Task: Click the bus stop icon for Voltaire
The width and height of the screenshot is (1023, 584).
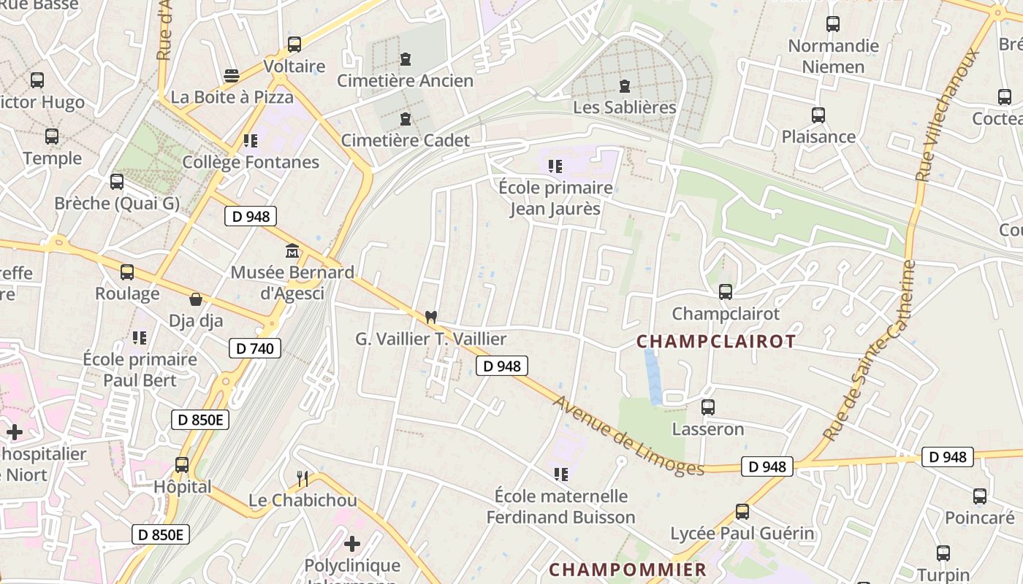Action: pyautogui.click(x=294, y=45)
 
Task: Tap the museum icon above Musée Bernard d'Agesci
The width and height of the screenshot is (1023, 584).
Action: pyautogui.click(x=292, y=251)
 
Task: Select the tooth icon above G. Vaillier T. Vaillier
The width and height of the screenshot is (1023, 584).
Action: pyautogui.click(x=431, y=317)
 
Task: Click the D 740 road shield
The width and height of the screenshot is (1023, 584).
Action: pyautogui.click(x=255, y=348)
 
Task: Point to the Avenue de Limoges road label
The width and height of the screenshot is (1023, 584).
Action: pyautogui.click(x=628, y=436)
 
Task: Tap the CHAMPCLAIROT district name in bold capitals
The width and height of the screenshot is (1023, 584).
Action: pyautogui.click(x=715, y=342)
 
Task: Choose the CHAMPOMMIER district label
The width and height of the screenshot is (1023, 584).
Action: pyautogui.click(x=628, y=569)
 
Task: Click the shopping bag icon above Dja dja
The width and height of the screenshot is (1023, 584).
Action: pyautogui.click(x=196, y=299)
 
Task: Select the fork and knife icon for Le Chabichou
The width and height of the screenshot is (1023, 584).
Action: pyautogui.click(x=303, y=479)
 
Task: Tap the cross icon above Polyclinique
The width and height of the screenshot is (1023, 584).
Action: pyautogui.click(x=352, y=544)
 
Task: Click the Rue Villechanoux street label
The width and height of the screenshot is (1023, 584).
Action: pyautogui.click(x=948, y=115)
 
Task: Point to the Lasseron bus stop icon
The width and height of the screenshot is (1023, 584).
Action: pyautogui.click(x=707, y=407)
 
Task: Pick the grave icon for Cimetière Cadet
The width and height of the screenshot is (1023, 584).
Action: pyautogui.click(x=406, y=119)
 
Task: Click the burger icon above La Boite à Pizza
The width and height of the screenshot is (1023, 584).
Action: pyautogui.click(x=232, y=76)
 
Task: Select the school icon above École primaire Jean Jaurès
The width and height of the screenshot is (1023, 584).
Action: pyautogui.click(x=555, y=166)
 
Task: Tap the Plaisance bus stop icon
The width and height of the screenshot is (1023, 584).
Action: pyautogui.click(x=818, y=115)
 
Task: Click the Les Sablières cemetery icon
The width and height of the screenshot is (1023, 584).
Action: pyautogui.click(x=625, y=86)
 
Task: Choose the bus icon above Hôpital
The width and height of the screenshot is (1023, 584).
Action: pyautogui.click(x=182, y=465)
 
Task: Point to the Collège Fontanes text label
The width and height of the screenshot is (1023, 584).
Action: pyautogui.click(x=251, y=162)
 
